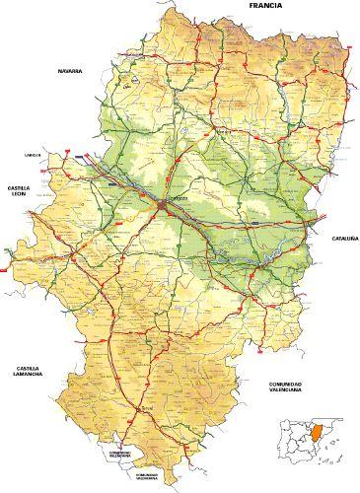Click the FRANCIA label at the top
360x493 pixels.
[267, 6]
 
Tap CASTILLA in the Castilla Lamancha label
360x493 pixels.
[25, 368]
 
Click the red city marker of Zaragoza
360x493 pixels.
[161, 203]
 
